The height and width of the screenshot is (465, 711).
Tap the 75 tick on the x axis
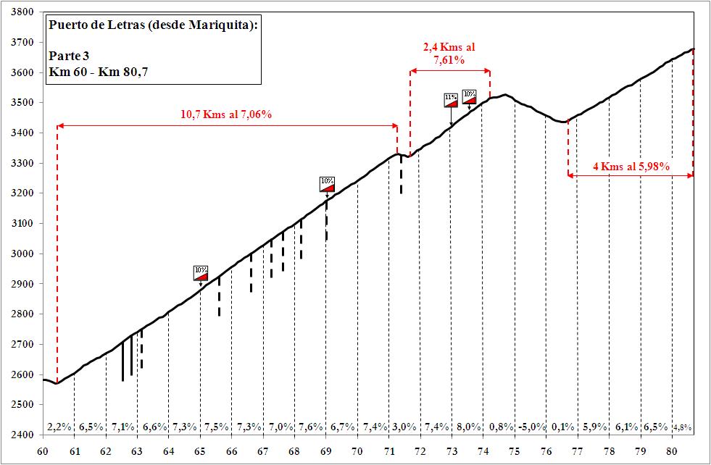pos(514,451)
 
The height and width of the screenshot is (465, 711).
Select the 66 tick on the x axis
pos(231,451)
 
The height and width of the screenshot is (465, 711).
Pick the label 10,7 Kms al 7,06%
pos(225,114)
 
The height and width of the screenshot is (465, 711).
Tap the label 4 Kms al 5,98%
pos(631,167)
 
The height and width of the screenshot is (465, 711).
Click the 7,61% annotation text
pos(449,61)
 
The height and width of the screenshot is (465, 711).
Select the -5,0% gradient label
pos(531,426)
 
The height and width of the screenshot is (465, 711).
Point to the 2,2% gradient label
pos(58,426)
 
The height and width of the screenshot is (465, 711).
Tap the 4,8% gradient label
pos(682,427)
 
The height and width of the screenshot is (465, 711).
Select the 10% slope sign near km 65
pos(201,272)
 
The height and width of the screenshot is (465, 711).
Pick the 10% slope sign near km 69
pos(327,183)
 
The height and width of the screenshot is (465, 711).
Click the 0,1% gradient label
pos(562,426)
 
